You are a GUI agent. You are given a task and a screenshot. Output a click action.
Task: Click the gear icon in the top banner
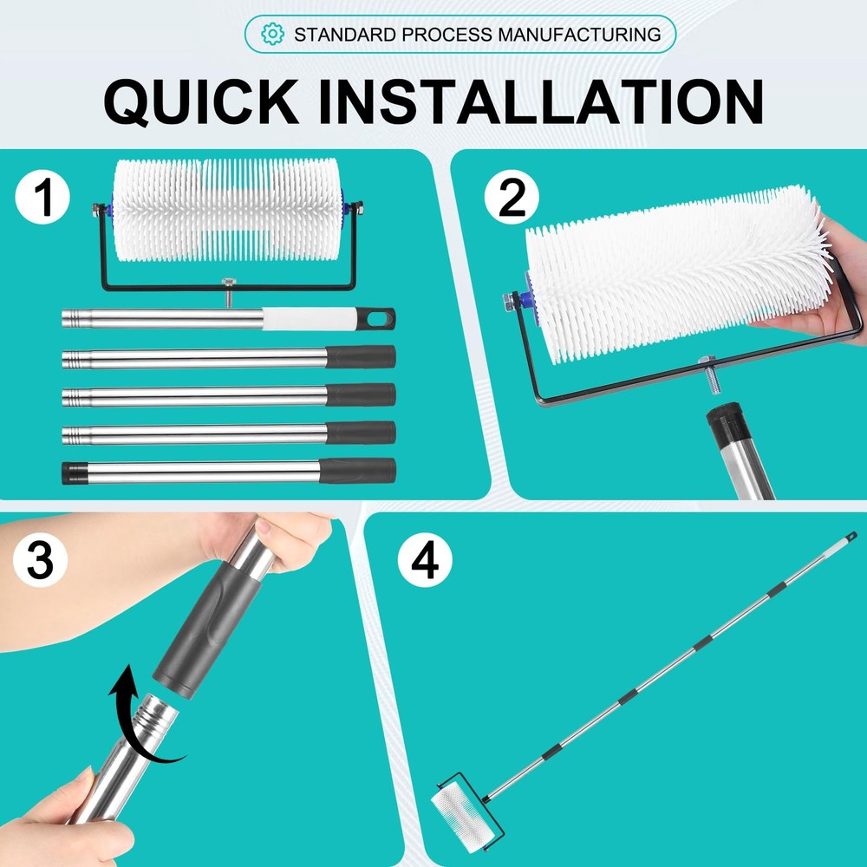273,35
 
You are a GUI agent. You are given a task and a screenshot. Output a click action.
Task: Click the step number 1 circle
41,199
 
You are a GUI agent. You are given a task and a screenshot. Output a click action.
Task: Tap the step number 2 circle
512,199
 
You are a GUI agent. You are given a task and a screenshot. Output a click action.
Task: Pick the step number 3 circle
41,561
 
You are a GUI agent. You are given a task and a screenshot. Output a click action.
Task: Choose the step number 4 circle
424,561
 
